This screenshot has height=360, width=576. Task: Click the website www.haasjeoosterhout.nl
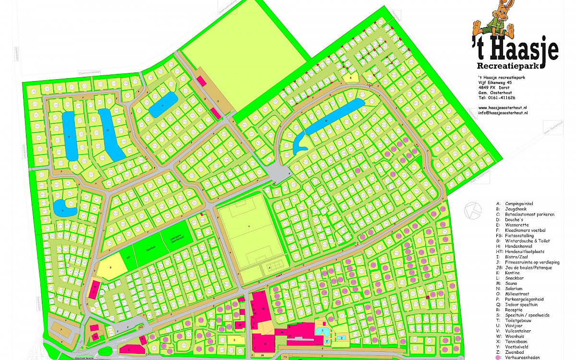click(x=503, y=108)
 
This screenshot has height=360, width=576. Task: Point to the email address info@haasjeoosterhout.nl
click(x=503, y=113)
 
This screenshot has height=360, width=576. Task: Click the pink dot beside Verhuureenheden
click(x=499, y=358)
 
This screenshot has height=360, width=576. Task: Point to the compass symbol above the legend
click(x=473, y=209)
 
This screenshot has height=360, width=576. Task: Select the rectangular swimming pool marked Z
click(x=342, y=338)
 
